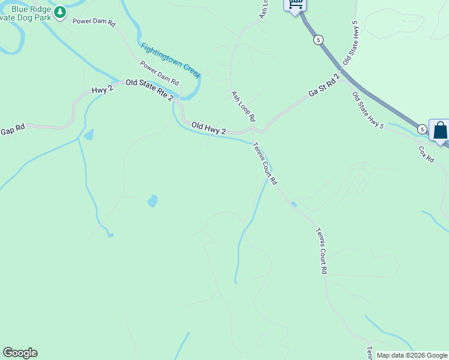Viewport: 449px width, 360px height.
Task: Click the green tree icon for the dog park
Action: tap(60, 12)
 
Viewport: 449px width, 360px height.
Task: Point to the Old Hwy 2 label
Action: tap(208, 127)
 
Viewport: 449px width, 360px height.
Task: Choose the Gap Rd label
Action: tap(13, 130)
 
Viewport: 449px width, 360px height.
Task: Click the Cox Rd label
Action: tap(426, 154)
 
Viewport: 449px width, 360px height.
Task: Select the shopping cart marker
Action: tap(295, 4)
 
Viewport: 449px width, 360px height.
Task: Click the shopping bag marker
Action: tap(441, 130)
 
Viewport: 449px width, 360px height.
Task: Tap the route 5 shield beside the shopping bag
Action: tap(423, 129)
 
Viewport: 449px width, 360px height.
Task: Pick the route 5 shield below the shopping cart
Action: tap(318, 40)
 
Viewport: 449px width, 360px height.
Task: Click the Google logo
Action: tap(20, 353)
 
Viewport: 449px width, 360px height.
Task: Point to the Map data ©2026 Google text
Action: tap(412, 355)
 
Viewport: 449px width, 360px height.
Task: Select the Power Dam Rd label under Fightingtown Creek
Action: tap(160, 73)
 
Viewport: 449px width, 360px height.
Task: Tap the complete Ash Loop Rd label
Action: tap(244, 106)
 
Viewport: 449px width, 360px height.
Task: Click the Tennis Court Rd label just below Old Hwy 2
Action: tap(265, 163)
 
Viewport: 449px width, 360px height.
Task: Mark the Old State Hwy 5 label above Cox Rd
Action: tap(368, 110)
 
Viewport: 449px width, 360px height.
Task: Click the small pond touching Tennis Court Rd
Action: tap(294, 205)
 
